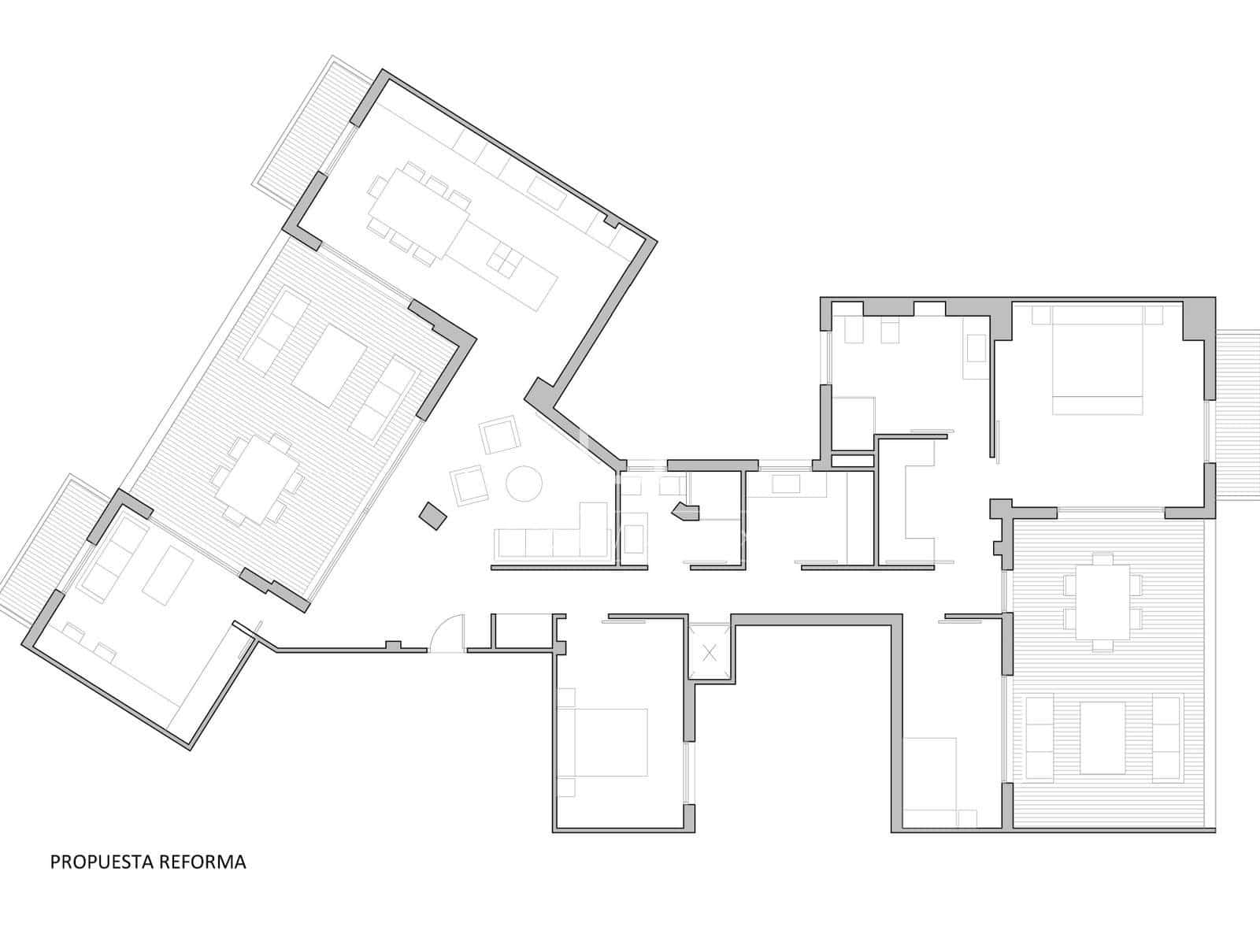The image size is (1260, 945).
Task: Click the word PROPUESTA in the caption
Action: [102, 862]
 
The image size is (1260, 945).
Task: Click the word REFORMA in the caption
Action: [202, 862]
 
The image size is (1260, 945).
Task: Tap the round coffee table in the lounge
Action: [524, 483]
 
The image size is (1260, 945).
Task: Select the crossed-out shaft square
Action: [710, 652]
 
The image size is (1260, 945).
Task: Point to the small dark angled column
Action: [433, 516]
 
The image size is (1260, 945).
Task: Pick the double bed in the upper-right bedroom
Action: [1097, 360]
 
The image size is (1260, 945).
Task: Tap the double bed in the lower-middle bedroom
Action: [602, 743]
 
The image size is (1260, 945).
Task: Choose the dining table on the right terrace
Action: [1102, 602]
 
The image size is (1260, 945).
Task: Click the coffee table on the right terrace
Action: [1102, 737]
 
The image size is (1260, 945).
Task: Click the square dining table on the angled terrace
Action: [258, 480]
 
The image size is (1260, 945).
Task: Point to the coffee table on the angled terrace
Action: [329, 365]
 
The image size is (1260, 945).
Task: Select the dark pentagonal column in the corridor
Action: [687, 512]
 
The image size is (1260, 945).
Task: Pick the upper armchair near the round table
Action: [499, 435]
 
